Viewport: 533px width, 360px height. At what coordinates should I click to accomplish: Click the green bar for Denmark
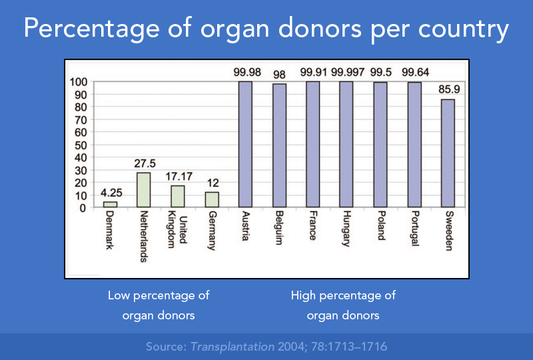point(110,205)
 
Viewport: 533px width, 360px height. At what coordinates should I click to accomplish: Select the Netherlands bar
point(144,190)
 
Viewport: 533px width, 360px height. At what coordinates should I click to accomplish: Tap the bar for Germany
point(212,200)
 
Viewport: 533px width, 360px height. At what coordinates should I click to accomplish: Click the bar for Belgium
point(279,145)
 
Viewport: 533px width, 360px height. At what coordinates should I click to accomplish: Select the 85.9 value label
point(448,89)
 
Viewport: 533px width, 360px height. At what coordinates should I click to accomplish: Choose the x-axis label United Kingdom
point(177,231)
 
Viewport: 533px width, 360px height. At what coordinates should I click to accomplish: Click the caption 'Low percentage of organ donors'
point(159,305)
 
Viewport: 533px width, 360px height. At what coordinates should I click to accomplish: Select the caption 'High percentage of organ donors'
point(343,305)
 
